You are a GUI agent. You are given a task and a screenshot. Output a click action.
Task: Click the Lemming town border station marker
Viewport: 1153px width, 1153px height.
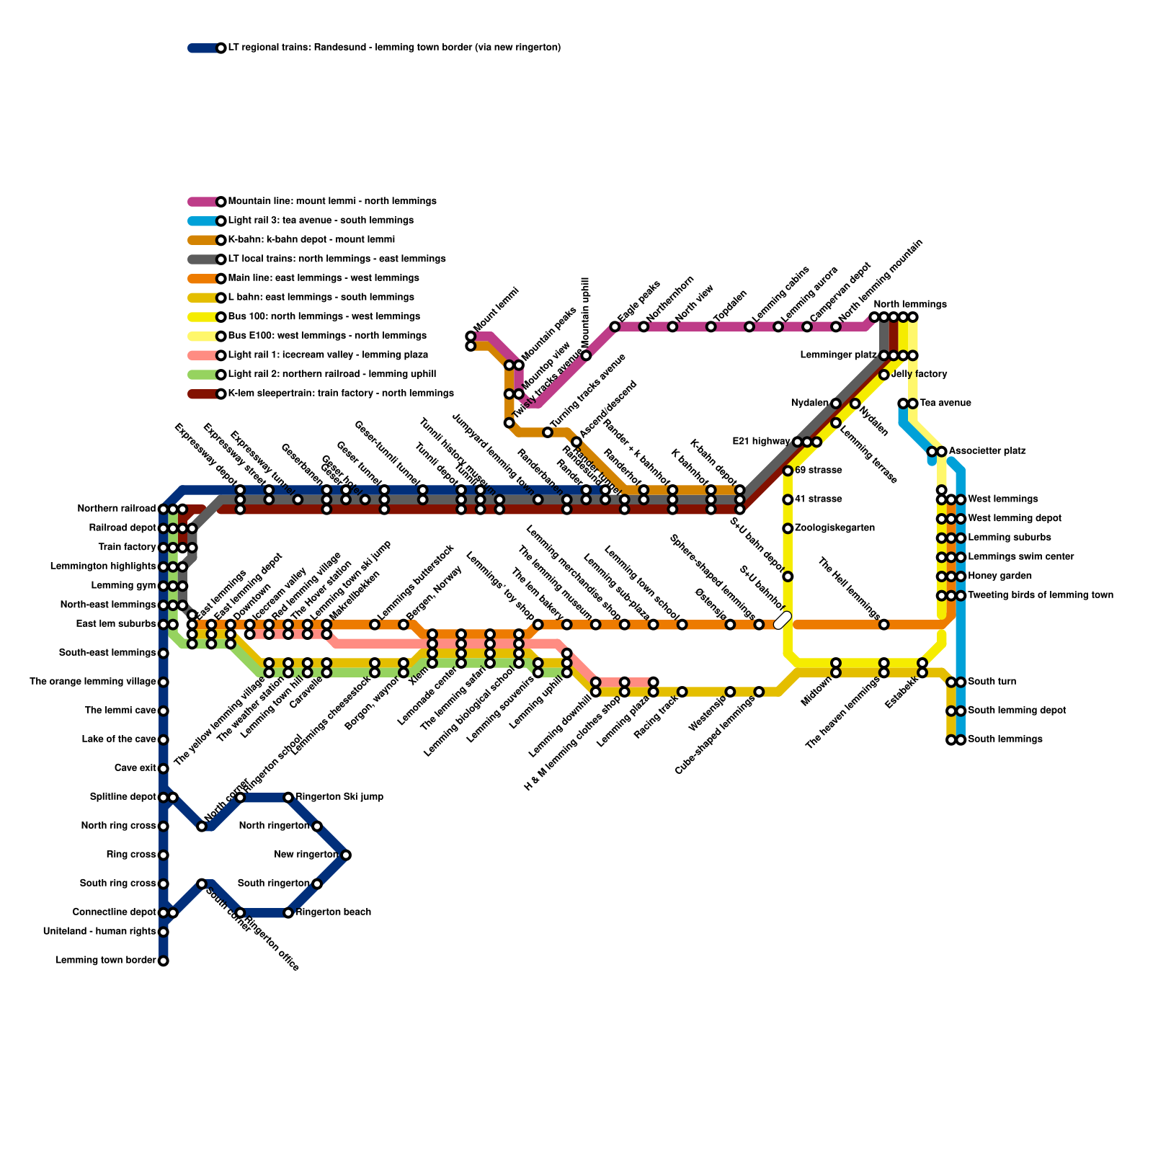pyautogui.click(x=164, y=961)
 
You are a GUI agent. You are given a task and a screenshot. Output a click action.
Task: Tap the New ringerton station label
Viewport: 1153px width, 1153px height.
pyautogui.click(x=306, y=855)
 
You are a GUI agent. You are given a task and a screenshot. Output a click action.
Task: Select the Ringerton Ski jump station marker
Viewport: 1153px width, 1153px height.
pyautogui.click(x=288, y=797)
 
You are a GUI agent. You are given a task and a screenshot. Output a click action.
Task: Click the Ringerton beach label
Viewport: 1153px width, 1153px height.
pyautogui.click(x=334, y=912)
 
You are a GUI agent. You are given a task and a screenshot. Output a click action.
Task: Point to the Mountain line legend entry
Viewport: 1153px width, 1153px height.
pyautogui.click(x=331, y=202)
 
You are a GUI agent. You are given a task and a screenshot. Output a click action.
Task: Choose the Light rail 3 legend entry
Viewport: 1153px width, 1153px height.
pyautogui.click(x=320, y=221)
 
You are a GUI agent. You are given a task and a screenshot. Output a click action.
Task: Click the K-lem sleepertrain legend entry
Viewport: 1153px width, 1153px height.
pyautogui.click(x=340, y=393)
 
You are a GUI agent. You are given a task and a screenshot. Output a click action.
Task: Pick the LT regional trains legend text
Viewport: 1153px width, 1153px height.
pyautogui.click(x=394, y=48)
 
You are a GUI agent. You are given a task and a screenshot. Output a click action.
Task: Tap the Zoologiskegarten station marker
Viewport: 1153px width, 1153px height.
pyautogui.click(x=788, y=528)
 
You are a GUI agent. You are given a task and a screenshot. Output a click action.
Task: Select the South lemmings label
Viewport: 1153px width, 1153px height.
pyautogui.click(x=996, y=739)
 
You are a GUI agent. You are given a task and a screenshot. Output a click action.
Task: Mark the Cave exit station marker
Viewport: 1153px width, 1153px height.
pyautogui.click(x=164, y=768)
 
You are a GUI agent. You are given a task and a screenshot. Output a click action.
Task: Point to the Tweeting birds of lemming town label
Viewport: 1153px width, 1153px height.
pyautogui.click(x=1040, y=595)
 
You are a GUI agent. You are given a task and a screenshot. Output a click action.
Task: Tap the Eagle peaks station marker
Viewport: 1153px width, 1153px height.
pyautogui.click(x=615, y=327)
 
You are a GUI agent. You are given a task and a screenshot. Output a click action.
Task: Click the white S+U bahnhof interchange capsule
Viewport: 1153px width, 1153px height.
pyautogui.click(x=783, y=620)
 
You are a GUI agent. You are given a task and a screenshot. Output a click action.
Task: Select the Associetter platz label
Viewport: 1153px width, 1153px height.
pyautogui.click(x=987, y=451)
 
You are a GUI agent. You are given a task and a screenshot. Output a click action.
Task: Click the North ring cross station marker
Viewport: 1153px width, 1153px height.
pyautogui.click(x=164, y=826)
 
